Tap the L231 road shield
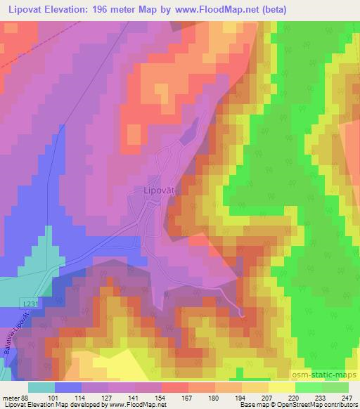pyautogui.click(x=29, y=302)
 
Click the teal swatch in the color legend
pyautogui.click(x=41, y=387)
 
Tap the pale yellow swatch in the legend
pyautogui.click(x=282, y=387)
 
